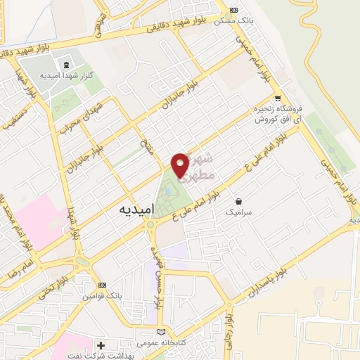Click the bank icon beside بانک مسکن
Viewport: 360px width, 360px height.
click(x=234, y=11)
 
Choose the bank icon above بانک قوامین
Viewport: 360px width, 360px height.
click(x=103, y=285)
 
